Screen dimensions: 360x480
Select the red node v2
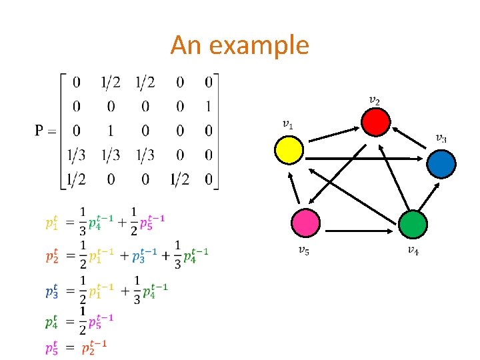(375, 122)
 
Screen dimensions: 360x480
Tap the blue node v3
(441, 163)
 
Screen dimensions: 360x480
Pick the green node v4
(413, 224)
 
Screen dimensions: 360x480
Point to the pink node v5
(307, 224)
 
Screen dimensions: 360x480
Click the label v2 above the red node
(375, 101)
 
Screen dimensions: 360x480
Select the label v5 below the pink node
(303, 251)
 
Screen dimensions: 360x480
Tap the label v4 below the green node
(413, 251)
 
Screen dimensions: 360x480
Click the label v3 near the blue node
(441, 138)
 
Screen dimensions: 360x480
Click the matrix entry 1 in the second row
(209, 106)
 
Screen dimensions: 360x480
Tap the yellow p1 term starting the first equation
(51, 221)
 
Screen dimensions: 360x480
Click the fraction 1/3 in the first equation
(83, 221)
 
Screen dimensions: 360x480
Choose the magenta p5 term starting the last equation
(51, 347)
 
